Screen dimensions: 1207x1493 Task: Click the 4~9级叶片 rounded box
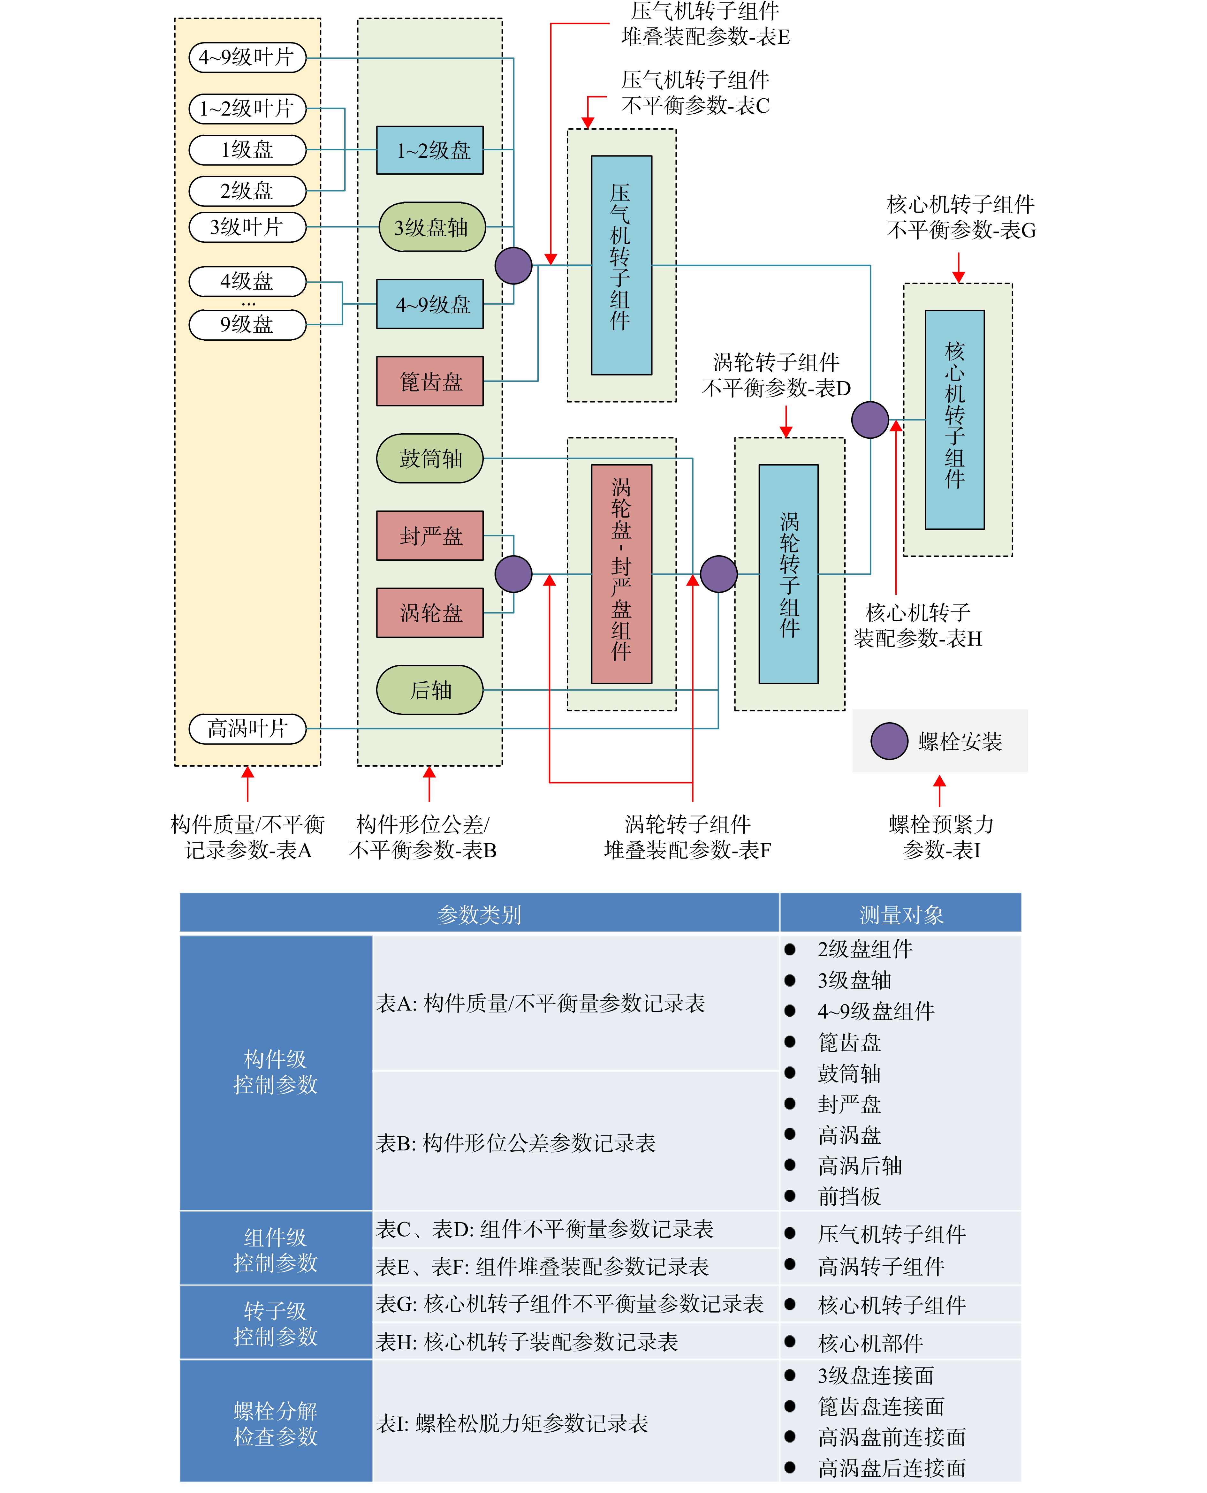[247, 57]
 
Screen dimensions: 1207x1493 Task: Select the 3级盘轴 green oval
[432, 227]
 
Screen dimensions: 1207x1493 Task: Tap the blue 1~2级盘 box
[430, 150]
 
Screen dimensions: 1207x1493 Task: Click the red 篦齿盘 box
[430, 381]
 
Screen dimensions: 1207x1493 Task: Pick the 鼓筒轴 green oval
[430, 459]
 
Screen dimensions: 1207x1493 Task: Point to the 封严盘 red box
[430, 536]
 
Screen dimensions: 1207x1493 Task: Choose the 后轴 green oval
[430, 690]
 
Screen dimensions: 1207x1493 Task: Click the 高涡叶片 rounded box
[247, 728]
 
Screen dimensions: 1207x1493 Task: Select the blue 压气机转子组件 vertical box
[622, 266]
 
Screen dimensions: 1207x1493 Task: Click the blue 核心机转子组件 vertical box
[955, 420]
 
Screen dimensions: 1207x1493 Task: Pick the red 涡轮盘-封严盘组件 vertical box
[622, 574]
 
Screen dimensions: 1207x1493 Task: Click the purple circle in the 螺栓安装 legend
[889, 741]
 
